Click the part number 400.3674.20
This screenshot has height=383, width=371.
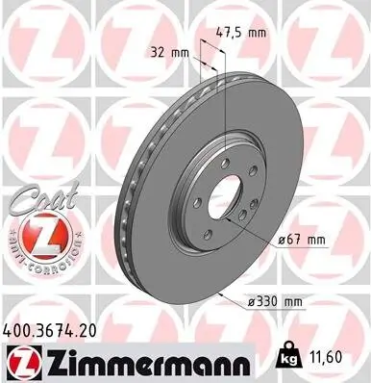coord(58,331)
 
